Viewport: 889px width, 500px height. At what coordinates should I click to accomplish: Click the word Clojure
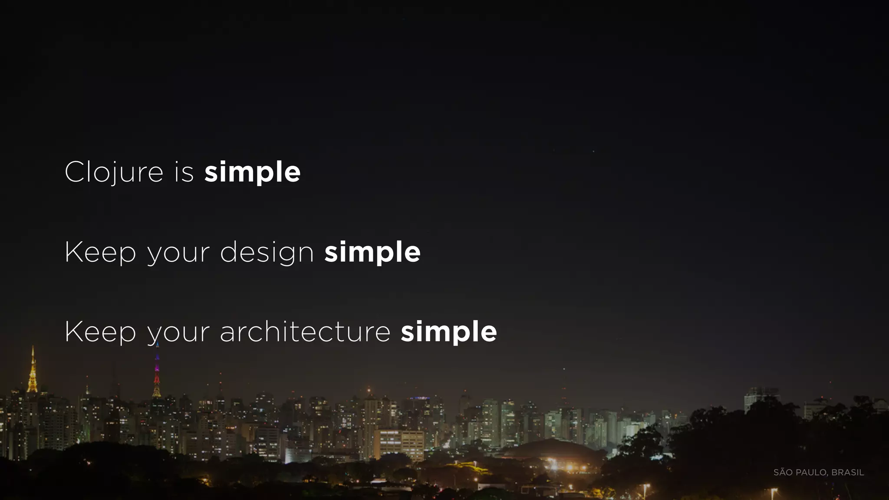pos(114,172)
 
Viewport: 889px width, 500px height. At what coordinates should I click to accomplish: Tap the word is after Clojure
pos(184,172)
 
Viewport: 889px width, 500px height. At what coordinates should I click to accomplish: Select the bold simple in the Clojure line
pos(252,172)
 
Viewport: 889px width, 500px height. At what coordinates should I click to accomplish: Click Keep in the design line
pos(100,252)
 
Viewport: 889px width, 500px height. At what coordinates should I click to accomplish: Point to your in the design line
pos(178,253)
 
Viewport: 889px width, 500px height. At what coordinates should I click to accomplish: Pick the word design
pos(267,252)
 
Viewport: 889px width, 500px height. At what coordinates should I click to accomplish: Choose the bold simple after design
pos(372,252)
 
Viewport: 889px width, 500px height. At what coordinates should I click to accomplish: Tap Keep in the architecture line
pos(100,332)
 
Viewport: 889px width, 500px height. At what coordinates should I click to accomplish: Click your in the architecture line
pos(178,333)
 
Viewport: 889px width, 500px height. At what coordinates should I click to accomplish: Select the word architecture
pos(305,332)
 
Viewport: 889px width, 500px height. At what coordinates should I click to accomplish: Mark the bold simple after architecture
pos(449,332)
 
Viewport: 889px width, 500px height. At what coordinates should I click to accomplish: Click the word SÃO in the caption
pos(783,472)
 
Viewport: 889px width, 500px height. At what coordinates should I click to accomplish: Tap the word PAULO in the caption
pos(811,472)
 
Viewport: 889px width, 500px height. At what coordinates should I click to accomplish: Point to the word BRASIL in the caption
pos(847,472)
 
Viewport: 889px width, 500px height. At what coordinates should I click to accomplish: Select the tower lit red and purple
pos(157,373)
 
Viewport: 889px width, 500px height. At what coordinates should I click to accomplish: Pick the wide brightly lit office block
pos(398,444)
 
